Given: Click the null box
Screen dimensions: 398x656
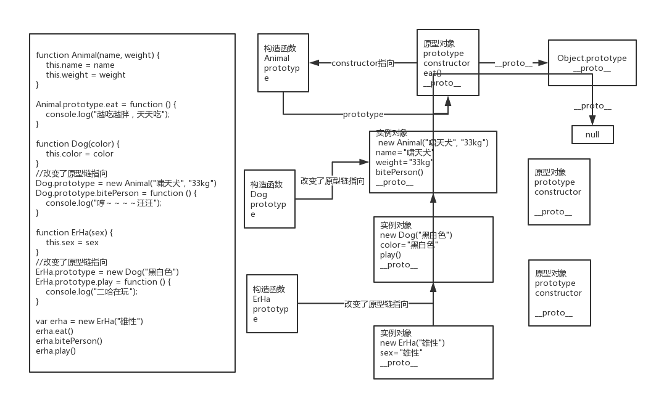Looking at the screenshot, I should pyautogui.click(x=592, y=134).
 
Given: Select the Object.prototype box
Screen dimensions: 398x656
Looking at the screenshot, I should pyautogui.click(x=592, y=62).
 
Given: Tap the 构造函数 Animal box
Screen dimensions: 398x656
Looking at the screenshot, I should pyautogui.click(x=283, y=63).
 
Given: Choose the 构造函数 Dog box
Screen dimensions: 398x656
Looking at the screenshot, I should pyautogui.click(x=269, y=199).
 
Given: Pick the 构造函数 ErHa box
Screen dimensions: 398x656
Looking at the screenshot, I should pyautogui.click(x=272, y=304).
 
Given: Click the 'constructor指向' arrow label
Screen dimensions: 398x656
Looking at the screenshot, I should pyautogui.click(x=363, y=63).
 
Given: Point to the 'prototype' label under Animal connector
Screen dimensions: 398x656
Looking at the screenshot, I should pyautogui.click(x=363, y=114).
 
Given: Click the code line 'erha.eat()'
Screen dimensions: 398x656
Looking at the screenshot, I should pyautogui.click(x=54, y=331).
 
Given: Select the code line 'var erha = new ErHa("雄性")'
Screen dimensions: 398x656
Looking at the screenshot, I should pyautogui.click(x=89, y=321).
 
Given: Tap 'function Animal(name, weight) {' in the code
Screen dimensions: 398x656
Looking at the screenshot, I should pyautogui.click(x=98, y=55).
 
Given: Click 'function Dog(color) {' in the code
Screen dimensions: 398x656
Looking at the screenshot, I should pyautogui.click(x=78, y=144).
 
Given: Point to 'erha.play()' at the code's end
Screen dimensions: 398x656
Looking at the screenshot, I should pyautogui.click(x=56, y=351).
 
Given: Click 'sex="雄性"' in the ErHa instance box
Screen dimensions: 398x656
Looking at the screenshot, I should pyautogui.click(x=401, y=352).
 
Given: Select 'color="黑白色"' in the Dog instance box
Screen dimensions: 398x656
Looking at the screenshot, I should pyautogui.click(x=409, y=245).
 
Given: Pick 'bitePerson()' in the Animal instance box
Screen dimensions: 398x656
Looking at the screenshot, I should pyautogui.click(x=399, y=172).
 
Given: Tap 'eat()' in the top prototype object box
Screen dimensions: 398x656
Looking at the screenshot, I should pyautogui.click(x=432, y=73).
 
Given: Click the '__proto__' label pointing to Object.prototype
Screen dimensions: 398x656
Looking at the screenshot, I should pyautogui.click(x=513, y=63).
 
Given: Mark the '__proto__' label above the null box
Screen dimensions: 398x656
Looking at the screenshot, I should pyautogui.click(x=592, y=105).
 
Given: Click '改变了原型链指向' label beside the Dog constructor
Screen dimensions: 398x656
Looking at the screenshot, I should pyautogui.click(x=332, y=181).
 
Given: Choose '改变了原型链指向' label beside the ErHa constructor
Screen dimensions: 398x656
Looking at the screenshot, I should pyautogui.click(x=376, y=304).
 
